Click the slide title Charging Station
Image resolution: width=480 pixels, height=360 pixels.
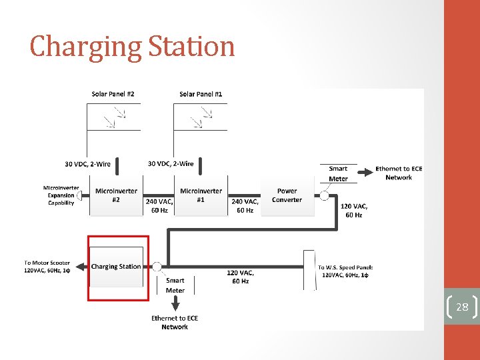132,47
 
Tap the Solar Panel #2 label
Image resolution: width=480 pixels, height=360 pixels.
113,94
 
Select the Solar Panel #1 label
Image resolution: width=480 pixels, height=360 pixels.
201,94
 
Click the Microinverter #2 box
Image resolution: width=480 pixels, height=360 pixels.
116,195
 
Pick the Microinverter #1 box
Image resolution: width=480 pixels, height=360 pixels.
201,195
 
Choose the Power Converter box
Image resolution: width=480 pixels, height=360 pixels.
287,195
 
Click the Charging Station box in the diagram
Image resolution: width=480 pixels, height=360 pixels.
116,267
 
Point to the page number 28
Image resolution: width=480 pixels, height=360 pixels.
462,307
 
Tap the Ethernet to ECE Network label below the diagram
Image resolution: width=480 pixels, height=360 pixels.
175,323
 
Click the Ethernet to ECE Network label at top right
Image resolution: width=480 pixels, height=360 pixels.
399,173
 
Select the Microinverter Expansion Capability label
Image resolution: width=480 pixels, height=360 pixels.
61,195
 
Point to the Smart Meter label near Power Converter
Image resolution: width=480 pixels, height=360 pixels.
338,173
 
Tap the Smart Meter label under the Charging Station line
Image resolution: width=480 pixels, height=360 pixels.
175,285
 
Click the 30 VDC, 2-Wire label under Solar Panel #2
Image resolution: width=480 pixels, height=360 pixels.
88,163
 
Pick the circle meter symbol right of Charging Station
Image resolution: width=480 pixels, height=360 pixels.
157,267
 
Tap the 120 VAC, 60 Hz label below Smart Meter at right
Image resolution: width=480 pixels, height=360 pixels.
354,211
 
